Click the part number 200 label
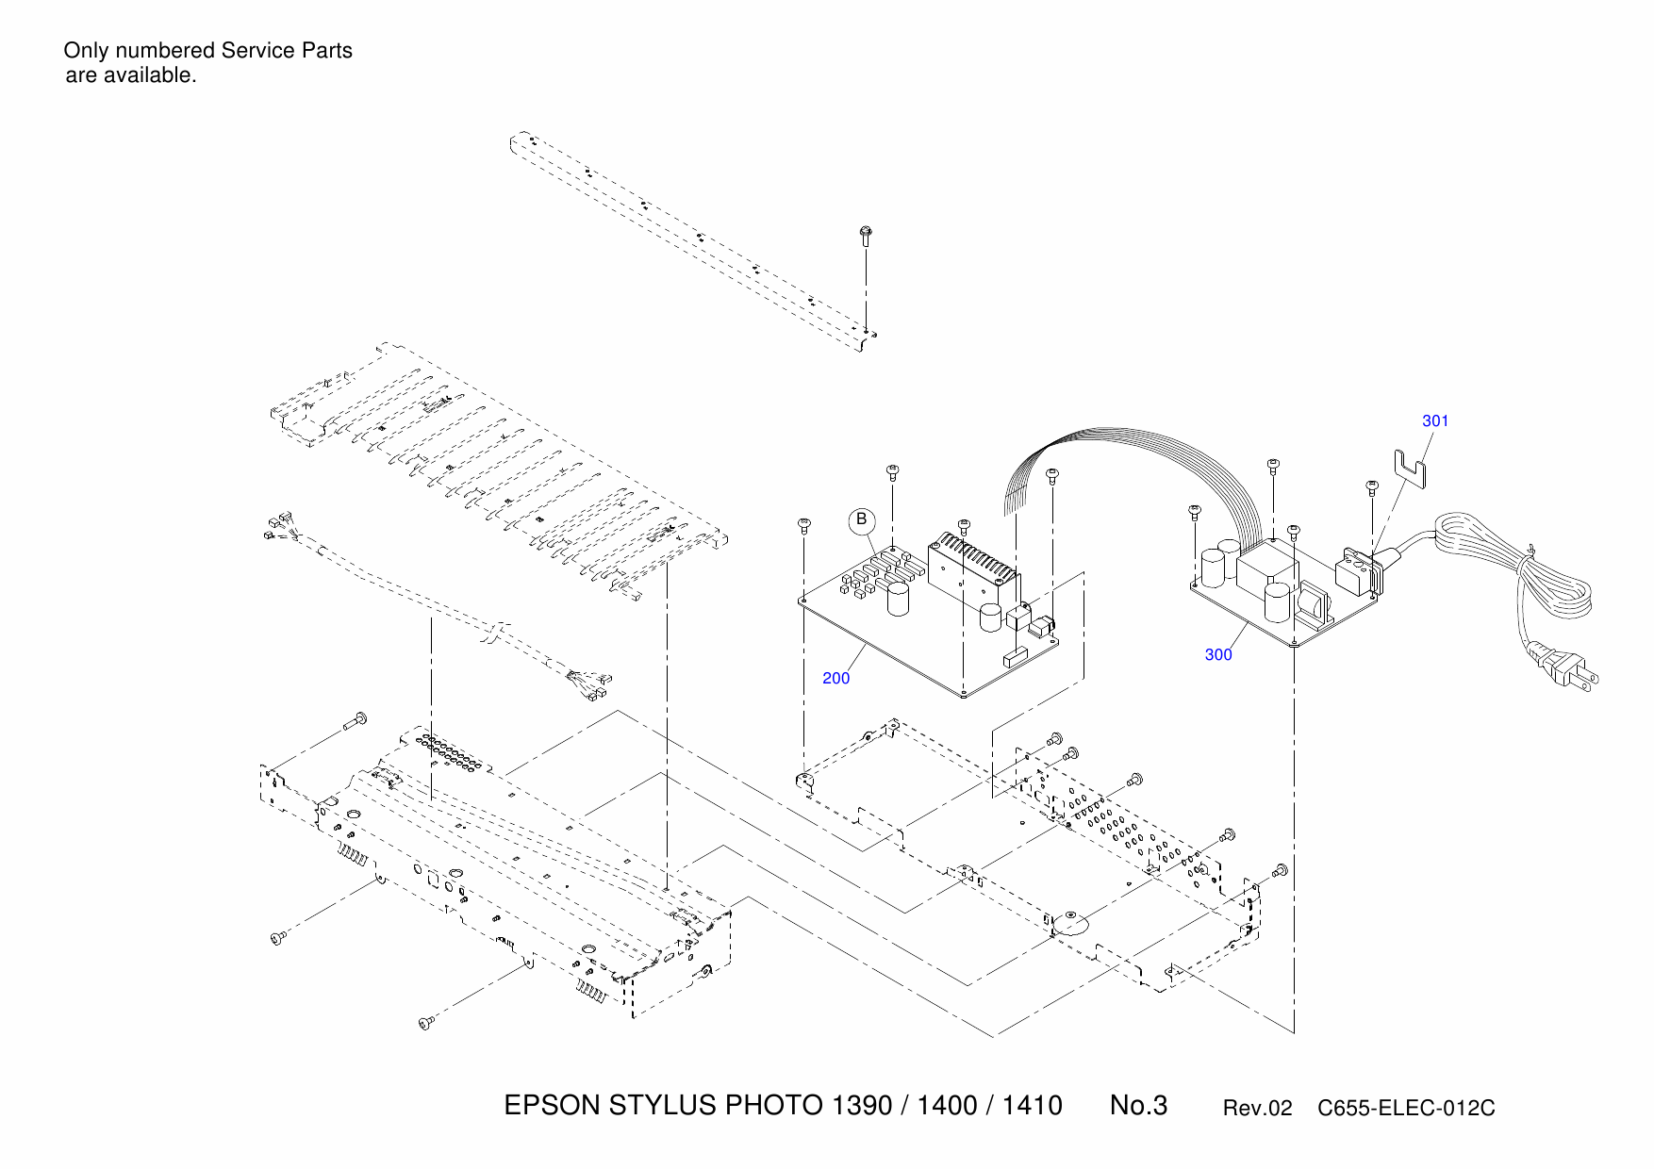(x=835, y=678)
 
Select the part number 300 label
(x=1218, y=654)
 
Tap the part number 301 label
(x=1435, y=420)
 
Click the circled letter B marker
(x=861, y=520)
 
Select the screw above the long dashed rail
(x=865, y=235)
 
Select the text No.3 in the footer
(x=1138, y=1105)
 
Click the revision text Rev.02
(x=1257, y=1109)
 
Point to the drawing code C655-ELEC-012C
(x=1406, y=1109)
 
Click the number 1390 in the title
(x=862, y=1105)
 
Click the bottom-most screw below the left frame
(x=425, y=1023)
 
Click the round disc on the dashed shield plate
(x=1070, y=923)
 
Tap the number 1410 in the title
(x=1032, y=1105)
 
